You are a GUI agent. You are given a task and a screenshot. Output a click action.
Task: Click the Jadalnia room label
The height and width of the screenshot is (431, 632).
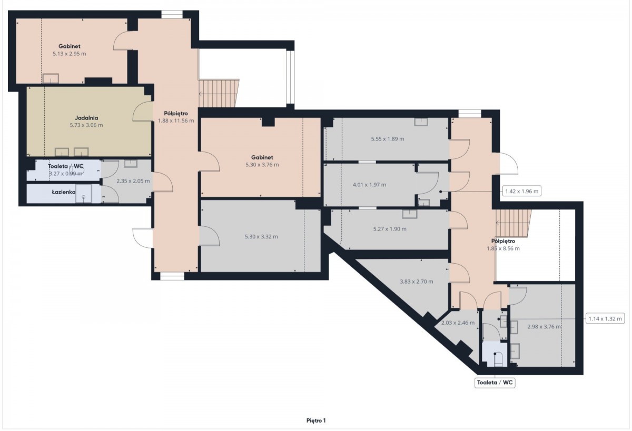point(86,118)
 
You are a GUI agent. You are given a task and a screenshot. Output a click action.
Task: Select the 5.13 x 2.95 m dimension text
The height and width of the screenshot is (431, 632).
point(70,54)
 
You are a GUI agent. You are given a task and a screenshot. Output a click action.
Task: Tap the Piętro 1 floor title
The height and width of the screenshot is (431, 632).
point(316,420)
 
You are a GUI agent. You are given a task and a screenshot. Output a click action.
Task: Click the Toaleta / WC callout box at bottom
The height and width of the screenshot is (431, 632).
point(495,383)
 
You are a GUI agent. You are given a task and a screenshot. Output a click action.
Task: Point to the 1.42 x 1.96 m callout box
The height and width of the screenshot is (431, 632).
point(522,192)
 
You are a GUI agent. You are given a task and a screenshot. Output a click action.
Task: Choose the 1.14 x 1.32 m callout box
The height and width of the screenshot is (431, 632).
point(605,319)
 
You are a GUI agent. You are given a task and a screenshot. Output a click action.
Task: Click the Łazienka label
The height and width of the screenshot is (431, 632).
point(64,192)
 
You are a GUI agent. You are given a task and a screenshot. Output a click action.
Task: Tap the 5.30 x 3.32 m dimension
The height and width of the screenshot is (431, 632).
point(261,236)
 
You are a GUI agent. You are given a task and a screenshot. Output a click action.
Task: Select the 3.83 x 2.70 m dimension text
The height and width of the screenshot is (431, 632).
point(417,282)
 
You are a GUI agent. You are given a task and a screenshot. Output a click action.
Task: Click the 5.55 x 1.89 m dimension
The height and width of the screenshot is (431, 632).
point(388,139)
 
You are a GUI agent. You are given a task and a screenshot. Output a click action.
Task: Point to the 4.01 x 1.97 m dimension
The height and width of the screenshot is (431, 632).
point(369,185)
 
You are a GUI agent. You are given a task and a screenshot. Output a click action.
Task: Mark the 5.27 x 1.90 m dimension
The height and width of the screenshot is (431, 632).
point(390,229)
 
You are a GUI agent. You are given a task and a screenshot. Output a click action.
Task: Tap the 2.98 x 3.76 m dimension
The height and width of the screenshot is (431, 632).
point(544,327)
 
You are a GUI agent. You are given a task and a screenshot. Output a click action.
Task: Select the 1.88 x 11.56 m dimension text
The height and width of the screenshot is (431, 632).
point(176,121)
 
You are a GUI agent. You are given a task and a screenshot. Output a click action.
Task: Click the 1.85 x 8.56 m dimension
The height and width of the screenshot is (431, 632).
point(503,248)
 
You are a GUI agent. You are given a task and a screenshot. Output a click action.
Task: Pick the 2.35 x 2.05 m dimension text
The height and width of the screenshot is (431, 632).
point(133,181)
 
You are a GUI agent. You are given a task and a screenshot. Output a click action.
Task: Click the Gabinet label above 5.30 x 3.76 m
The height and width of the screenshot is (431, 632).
point(262,157)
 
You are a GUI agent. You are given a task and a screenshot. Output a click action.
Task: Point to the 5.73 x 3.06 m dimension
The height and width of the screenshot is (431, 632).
point(86,125)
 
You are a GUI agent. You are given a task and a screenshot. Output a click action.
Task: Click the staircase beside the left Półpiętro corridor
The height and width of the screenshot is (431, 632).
point(219,93)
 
